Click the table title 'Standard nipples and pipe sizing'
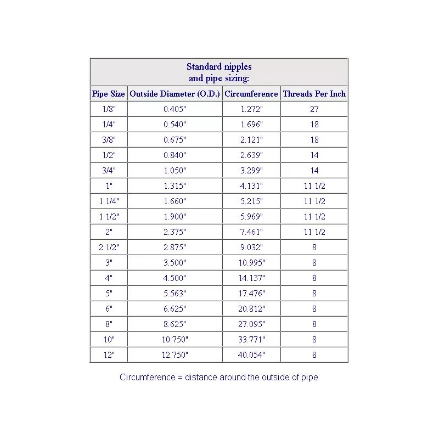219,72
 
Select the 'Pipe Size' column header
109,94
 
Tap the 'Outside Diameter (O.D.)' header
175,94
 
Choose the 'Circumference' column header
251,94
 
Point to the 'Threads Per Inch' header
314,94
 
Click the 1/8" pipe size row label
109,109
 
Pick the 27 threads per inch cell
314,109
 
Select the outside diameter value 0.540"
175,125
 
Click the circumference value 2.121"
251,140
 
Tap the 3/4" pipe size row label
109,171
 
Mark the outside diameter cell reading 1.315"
175,186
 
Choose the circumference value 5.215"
251,201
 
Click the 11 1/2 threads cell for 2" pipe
314,232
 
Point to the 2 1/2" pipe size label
109,247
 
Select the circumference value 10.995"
251,263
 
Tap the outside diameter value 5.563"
175,294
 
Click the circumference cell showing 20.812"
251,309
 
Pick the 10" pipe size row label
109,340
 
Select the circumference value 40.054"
251,355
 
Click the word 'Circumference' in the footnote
143,378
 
